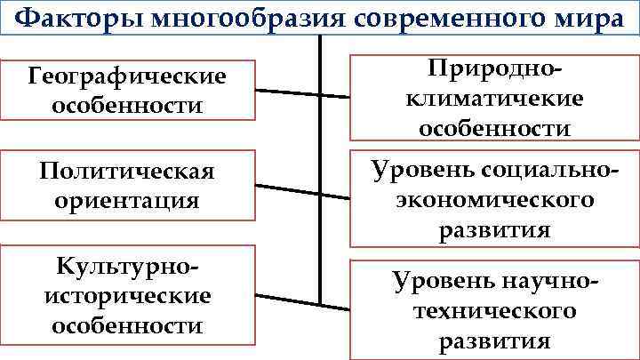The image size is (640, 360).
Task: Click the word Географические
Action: (x=126, y=77)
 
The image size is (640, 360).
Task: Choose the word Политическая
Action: (x=126, y=171)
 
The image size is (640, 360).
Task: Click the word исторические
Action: (x=126, y=295)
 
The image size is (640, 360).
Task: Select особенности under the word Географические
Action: (x=126, y=106)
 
